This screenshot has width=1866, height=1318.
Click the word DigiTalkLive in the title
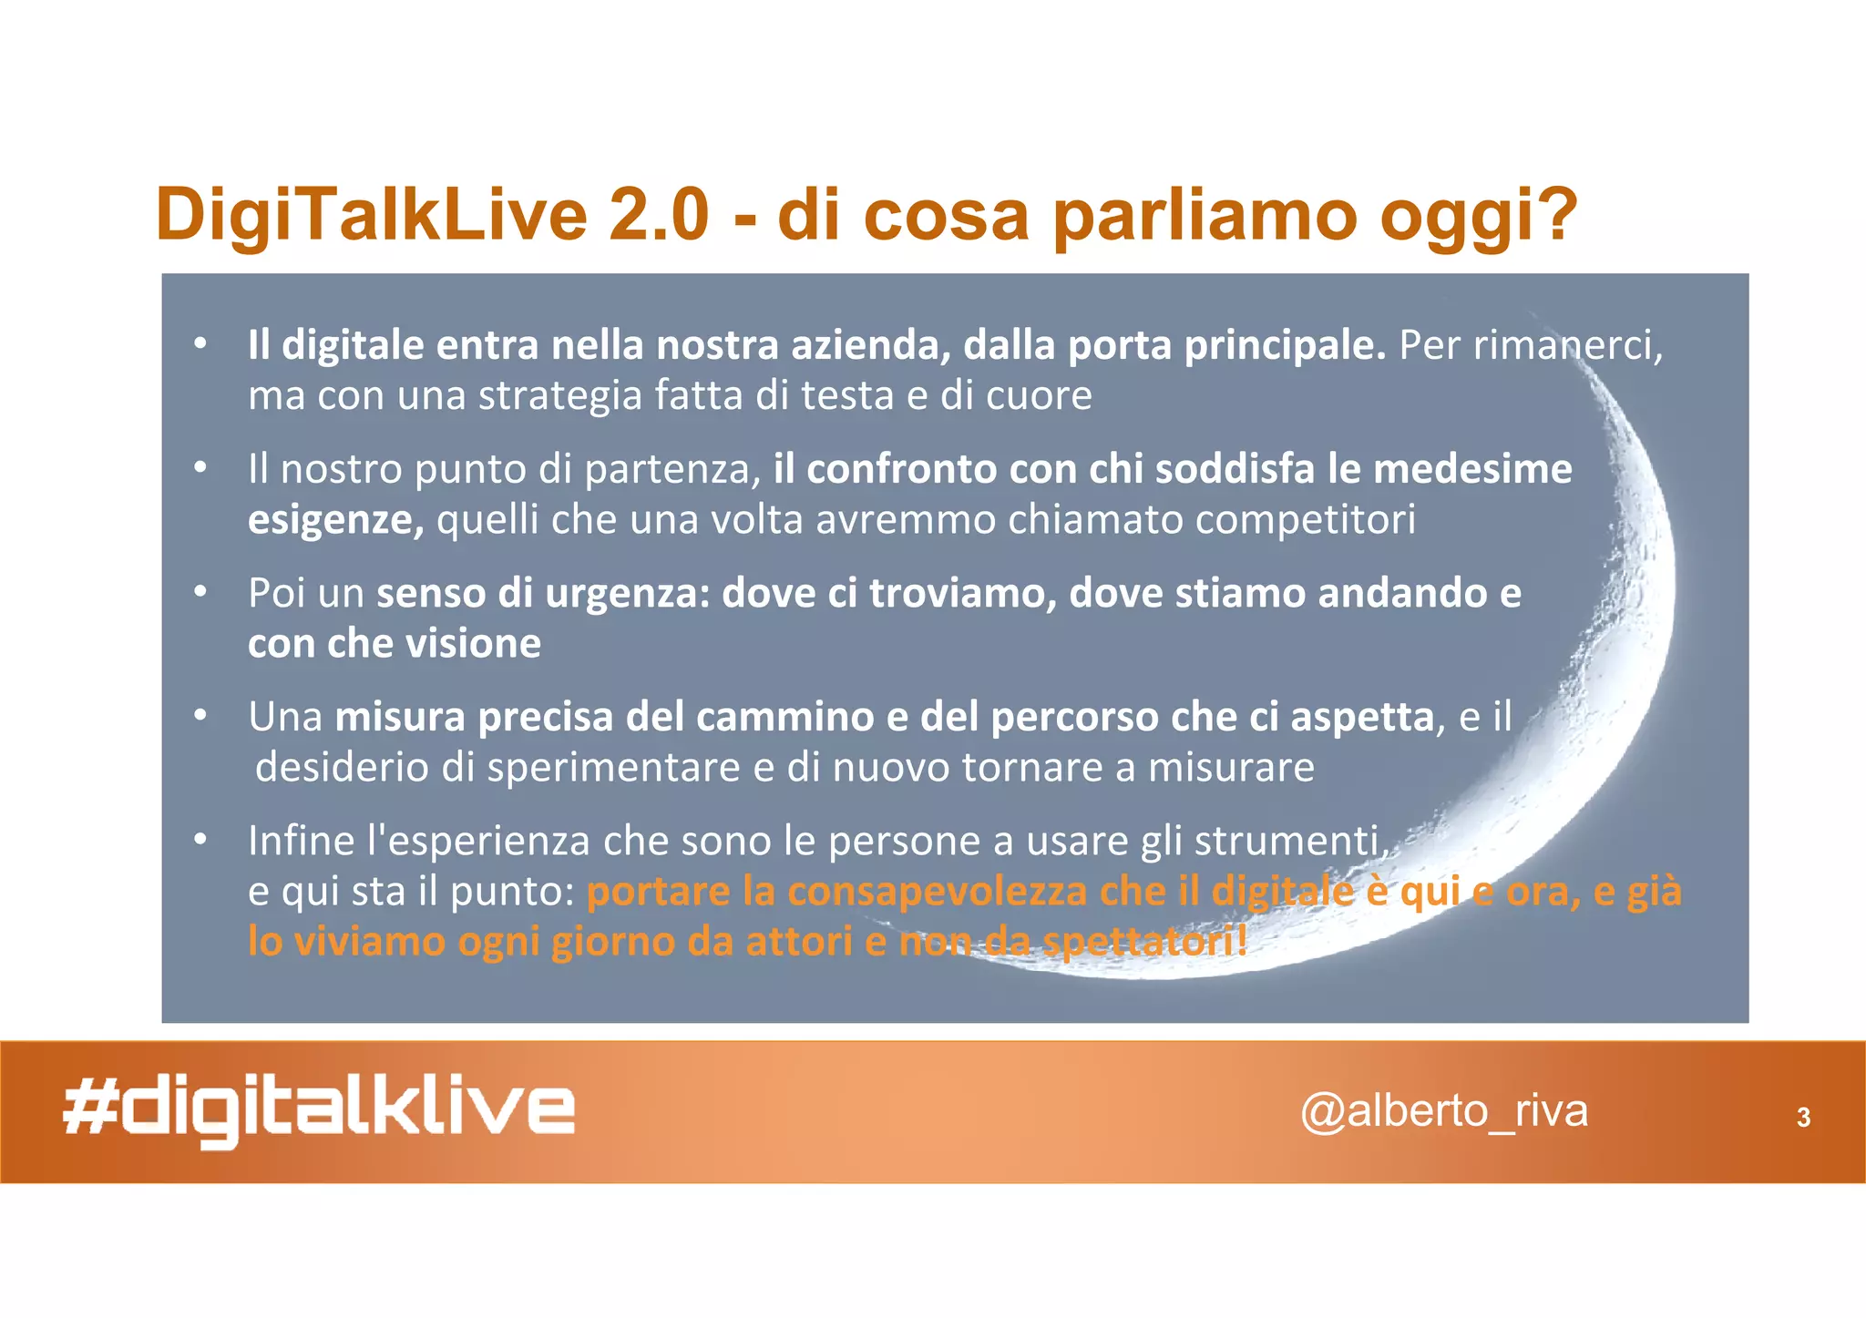click(x=371, y=215)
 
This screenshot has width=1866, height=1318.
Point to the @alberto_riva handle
click(x=1443, y=1111)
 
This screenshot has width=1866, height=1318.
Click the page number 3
click(x=1803, y=1118)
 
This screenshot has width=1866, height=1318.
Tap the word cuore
click(x=1042, y=395)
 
